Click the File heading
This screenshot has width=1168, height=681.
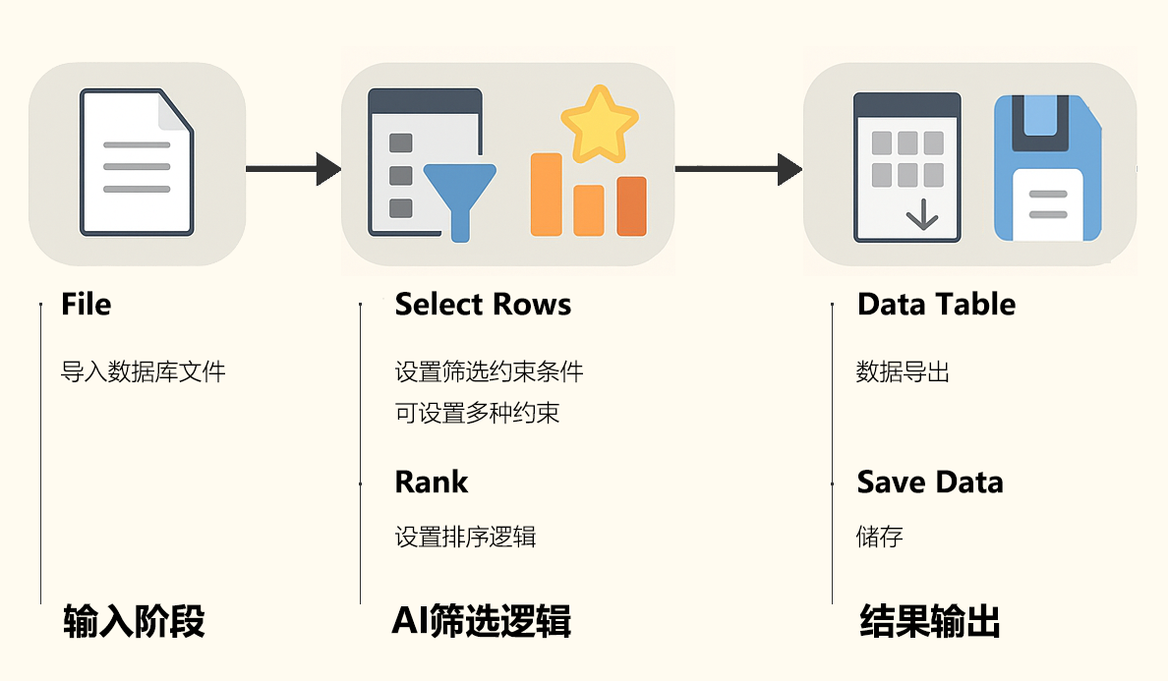(x=86, y=305)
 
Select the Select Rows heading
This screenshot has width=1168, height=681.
(x=483, y=305)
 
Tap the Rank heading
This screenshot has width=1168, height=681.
(x=431, y=482)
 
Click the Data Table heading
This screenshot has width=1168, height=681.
(x=936, y=305)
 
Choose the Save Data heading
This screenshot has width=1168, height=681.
(x=930, y=482)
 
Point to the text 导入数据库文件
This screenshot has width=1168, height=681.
(x=144, y=372)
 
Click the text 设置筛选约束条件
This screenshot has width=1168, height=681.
(x=489, y=372)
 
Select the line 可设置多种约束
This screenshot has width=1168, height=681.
(x=477, y=413)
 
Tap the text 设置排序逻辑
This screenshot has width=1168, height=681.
(x=465, y=537)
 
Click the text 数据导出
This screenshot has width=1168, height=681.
(x=903, y=372)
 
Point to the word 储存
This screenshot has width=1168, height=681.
(x=879, y=537)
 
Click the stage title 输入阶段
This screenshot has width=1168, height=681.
(x=134, y=622)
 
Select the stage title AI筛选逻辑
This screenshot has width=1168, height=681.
(x=481, y=622)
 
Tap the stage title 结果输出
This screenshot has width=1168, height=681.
(x=929, y=622)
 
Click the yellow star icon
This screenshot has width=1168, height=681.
(x=599, y=125)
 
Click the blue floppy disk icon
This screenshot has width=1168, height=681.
(x=1046, y=168)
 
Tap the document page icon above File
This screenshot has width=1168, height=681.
(x=138, y=163)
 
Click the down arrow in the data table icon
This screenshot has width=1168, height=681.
(x=921, y=213)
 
